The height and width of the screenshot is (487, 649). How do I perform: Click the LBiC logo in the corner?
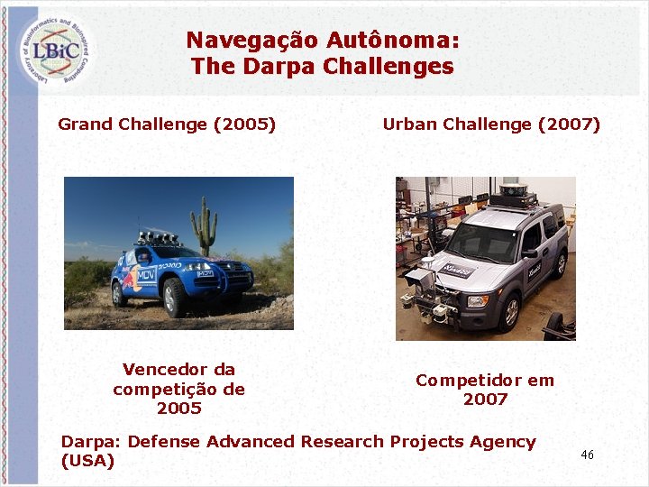(57, 51)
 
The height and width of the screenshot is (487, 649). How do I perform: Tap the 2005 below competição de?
(178, 409)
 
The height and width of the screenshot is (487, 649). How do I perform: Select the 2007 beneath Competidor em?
(485, 400)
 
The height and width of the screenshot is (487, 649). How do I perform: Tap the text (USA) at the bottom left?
(87, 461)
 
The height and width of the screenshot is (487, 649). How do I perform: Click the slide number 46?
(587, 455)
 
